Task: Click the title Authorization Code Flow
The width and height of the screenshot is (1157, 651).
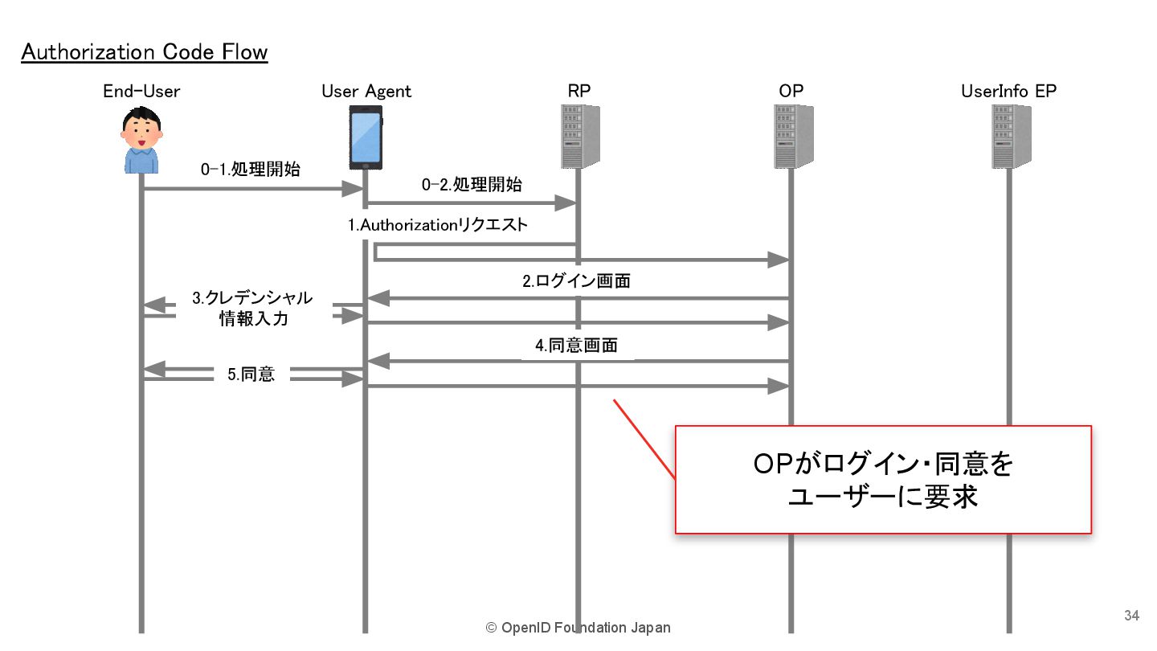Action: point(145,52)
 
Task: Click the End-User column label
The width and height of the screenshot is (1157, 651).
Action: point(141,91)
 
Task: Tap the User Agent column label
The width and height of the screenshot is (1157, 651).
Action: point(366,91)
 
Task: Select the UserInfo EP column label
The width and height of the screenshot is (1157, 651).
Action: point(1008,91)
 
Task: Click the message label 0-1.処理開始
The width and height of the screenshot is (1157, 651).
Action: point(251,170)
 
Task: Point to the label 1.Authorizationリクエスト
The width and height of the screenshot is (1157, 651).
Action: point(438,225)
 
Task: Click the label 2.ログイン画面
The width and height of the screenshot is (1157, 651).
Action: point(576,281)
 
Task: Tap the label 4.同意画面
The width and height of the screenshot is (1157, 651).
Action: point(576,346)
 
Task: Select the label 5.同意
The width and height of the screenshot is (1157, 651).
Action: point(251,374)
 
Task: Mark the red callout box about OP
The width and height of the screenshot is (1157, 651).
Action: point(882,479)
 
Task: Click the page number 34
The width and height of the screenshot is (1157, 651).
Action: point(1131,616)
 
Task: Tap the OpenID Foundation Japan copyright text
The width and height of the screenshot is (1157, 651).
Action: point(578,628)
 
